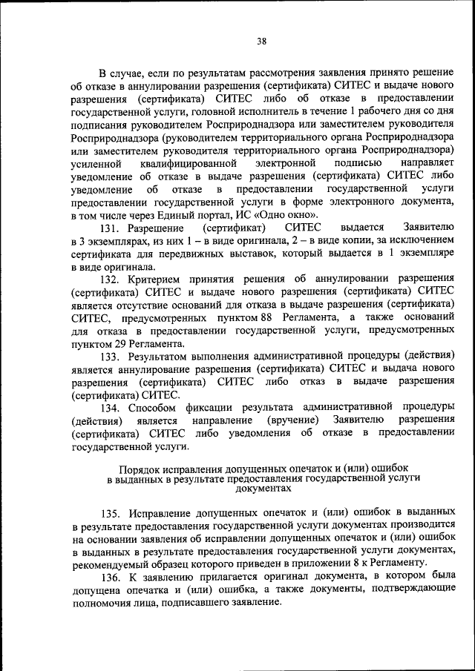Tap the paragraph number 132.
[x=111, y=278]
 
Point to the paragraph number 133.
[x=111, y=356]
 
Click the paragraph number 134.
[x=111, y=408]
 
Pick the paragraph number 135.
[x=111, y=512]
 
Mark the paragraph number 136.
[x=111, y=577]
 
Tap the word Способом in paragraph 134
[x=152, y=408]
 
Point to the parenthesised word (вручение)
[x=293, y=421]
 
